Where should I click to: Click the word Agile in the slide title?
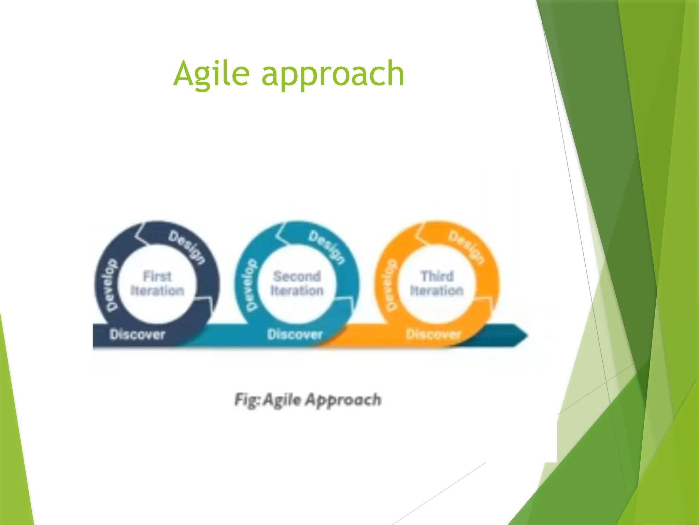click(212, 73)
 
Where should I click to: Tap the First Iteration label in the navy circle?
click(157, 283)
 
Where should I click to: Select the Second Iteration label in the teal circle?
click(297, 283)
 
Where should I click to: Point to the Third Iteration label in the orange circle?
click(437, 283)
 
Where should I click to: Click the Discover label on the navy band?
click(137, 334)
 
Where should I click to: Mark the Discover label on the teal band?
click(295, 334)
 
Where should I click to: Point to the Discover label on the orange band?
click(433, 334)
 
